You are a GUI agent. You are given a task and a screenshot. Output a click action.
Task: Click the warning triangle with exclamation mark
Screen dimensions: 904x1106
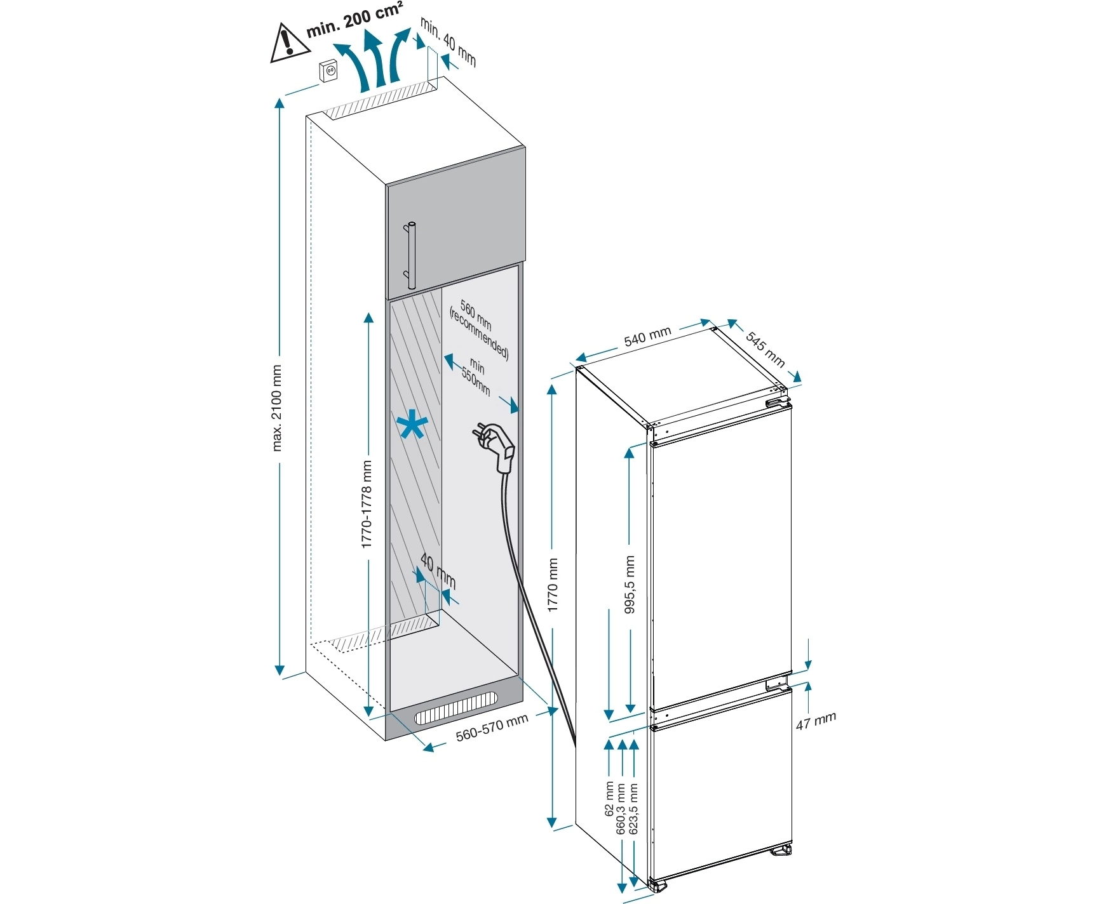pos(287,43)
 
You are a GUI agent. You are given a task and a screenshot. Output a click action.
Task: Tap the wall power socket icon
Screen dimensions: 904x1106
pos(328,72)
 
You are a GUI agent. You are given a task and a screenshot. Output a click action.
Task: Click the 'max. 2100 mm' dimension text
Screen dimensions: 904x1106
pos(276,407)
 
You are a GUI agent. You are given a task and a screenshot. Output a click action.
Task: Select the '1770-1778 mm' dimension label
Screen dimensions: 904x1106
pos(367,504)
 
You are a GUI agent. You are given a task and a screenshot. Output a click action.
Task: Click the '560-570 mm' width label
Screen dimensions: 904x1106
pos(492,728)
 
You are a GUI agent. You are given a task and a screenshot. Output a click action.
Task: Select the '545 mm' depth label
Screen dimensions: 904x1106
pos(765,349)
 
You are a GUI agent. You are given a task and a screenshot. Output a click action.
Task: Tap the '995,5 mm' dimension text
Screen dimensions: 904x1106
pos(630,585)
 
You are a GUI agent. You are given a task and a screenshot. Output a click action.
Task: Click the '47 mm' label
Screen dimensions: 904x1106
pos(816,721)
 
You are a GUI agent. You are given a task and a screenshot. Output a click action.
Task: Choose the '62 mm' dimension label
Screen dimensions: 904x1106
pos(610,800)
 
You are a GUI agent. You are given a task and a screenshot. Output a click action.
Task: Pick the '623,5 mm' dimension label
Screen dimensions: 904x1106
pos(633,808)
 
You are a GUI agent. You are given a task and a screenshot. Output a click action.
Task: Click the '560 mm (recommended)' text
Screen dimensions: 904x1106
pos(479,330)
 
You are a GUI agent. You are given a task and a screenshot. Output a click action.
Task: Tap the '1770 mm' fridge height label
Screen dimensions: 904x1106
pos(553,585)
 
